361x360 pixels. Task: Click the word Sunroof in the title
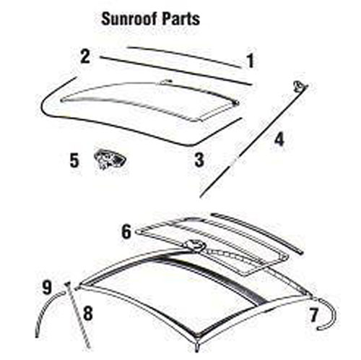point(129,19)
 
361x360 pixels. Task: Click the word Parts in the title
point(181,19)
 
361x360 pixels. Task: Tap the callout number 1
point(251,61)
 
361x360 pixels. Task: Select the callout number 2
point(85,56)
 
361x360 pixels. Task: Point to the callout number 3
point(199,160)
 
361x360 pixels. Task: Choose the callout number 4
point(279,140)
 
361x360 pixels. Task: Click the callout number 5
point(74,160)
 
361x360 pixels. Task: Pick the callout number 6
point(126,231)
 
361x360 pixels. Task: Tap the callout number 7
point(313,314)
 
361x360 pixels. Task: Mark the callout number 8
point(88,313)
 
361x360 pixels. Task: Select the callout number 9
point(47,287)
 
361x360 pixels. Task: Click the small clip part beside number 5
point(110,159)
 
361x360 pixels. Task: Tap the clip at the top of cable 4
point(300,86)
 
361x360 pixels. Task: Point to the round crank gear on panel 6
point(194,246)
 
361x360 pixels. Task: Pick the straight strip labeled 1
point(184,56)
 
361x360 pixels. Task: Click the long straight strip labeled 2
point(176,71)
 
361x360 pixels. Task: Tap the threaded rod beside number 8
point(77,314)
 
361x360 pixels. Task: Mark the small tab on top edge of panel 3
point(166,82)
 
